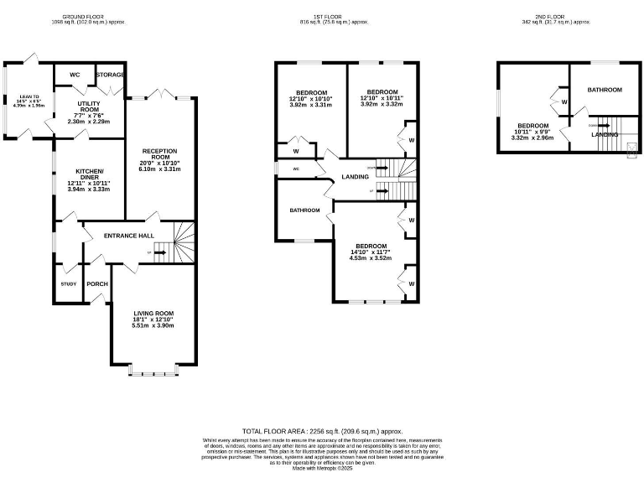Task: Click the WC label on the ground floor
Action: coord(75,75)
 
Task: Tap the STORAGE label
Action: coord(111,75)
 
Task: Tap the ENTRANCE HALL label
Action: coord(127,235)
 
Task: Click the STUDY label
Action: coord(69,283)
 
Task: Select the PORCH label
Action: coord(97,283)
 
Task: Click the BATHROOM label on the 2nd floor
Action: coord(605,90)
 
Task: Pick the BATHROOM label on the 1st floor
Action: coord(305,210)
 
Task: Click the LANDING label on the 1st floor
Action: coord(356,176)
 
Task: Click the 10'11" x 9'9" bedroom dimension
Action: coord(532,132)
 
